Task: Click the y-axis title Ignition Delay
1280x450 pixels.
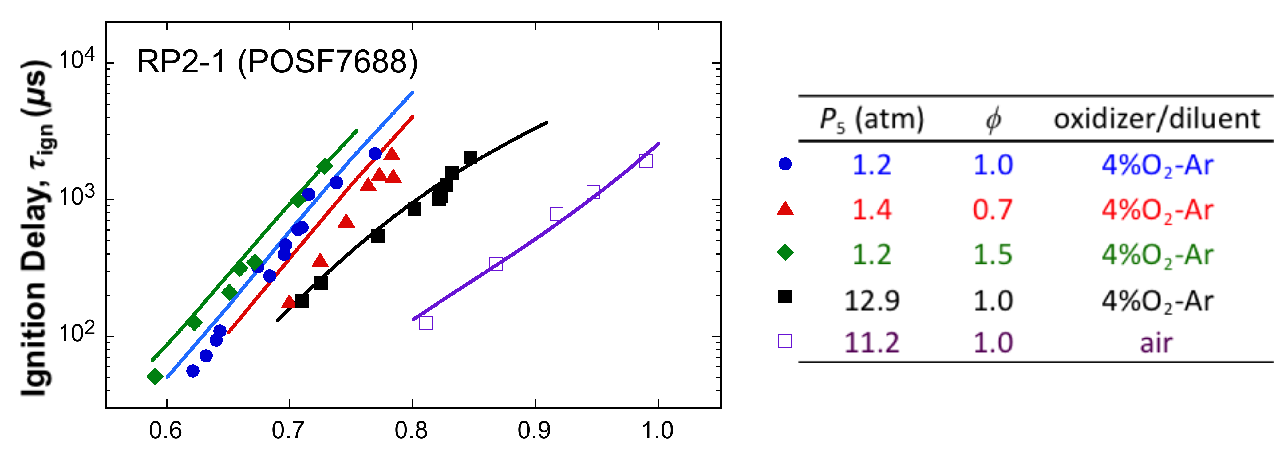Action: click(36, 229)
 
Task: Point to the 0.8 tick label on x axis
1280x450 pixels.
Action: click(411, 430)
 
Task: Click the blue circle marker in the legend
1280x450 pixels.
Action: click(785, 164)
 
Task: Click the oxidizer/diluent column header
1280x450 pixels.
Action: click(1157, 119)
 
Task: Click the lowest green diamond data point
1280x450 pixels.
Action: click(155, 377)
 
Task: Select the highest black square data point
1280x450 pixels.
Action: click(470, 158)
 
